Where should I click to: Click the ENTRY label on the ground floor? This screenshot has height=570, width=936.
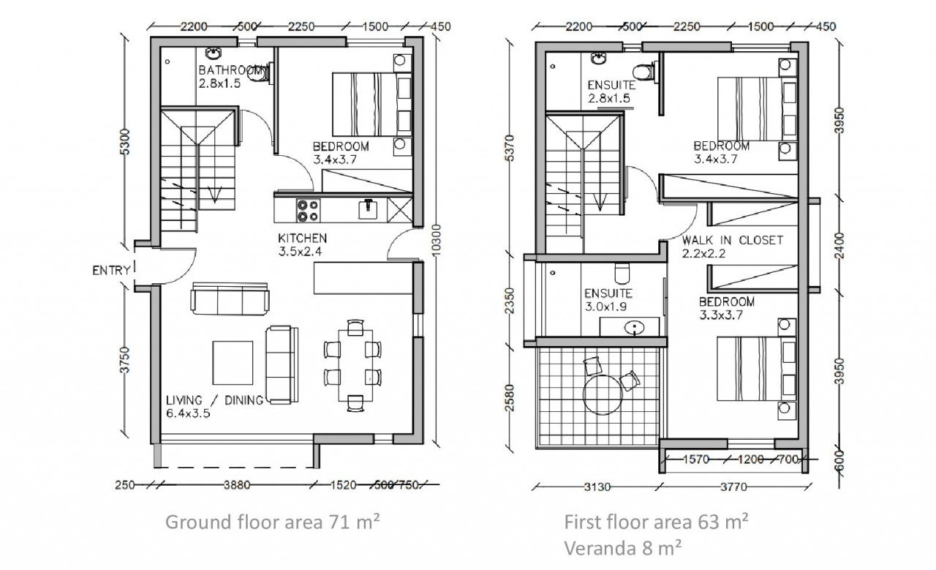point(111,270)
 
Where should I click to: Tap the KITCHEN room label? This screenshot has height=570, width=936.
point(302,239)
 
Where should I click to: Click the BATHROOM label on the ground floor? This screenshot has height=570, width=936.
point(230,71)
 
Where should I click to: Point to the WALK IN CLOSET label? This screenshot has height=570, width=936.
point(732,240)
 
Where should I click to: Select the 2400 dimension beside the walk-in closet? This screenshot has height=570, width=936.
point(839,245)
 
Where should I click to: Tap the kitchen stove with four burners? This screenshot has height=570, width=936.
point(307,210)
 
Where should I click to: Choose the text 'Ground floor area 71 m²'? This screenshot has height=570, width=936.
point(274,522)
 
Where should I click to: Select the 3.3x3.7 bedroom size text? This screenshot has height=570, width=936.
point(721,315)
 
